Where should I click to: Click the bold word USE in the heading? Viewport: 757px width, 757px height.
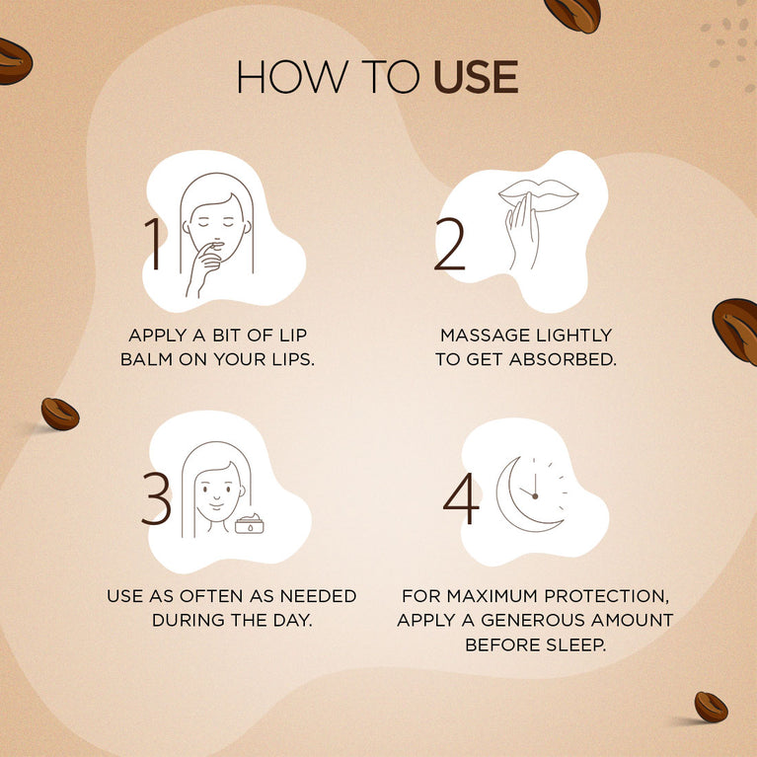[476, 78]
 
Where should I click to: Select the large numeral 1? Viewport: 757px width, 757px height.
[154, 243]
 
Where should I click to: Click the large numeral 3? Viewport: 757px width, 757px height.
[156, 498]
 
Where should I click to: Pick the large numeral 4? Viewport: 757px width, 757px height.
[460, 500]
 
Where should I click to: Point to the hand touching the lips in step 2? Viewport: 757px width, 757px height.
[521, 237]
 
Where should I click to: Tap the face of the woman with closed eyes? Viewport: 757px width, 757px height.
[217, 221]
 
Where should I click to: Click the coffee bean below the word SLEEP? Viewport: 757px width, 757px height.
[711, 707]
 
